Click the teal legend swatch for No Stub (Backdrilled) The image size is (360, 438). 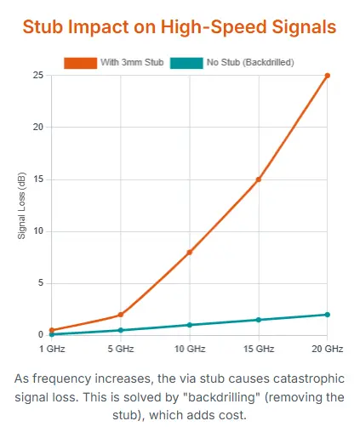186,63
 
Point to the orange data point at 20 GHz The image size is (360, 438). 327,76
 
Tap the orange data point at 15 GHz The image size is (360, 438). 258,179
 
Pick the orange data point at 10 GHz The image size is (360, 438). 189,253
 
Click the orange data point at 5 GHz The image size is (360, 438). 121,315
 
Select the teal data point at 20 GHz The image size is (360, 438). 327,315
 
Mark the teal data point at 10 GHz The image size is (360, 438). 189,325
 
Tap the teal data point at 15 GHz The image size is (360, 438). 258,320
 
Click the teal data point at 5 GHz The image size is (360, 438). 121,330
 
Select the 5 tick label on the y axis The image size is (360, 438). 40,283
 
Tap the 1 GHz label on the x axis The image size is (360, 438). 52,349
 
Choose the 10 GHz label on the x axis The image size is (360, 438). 189,349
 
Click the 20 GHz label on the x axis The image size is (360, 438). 327,349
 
